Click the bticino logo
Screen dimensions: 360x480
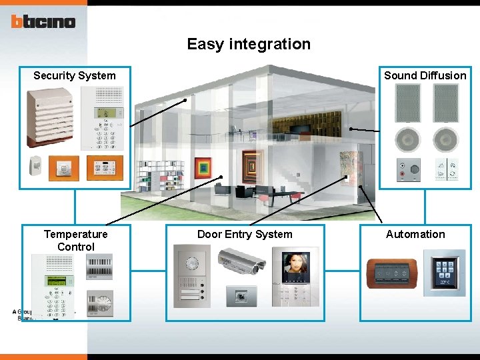43,22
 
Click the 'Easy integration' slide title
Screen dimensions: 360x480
249,44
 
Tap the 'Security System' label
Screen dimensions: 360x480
75,75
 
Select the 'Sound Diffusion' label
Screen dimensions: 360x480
425,75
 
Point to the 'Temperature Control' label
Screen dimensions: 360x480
76,240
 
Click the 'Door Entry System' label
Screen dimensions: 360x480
245,234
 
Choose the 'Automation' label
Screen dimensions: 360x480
415,234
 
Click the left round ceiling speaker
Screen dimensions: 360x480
408,140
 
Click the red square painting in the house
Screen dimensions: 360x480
203,168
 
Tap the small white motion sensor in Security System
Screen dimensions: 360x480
35,165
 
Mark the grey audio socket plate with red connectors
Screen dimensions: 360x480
407,169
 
